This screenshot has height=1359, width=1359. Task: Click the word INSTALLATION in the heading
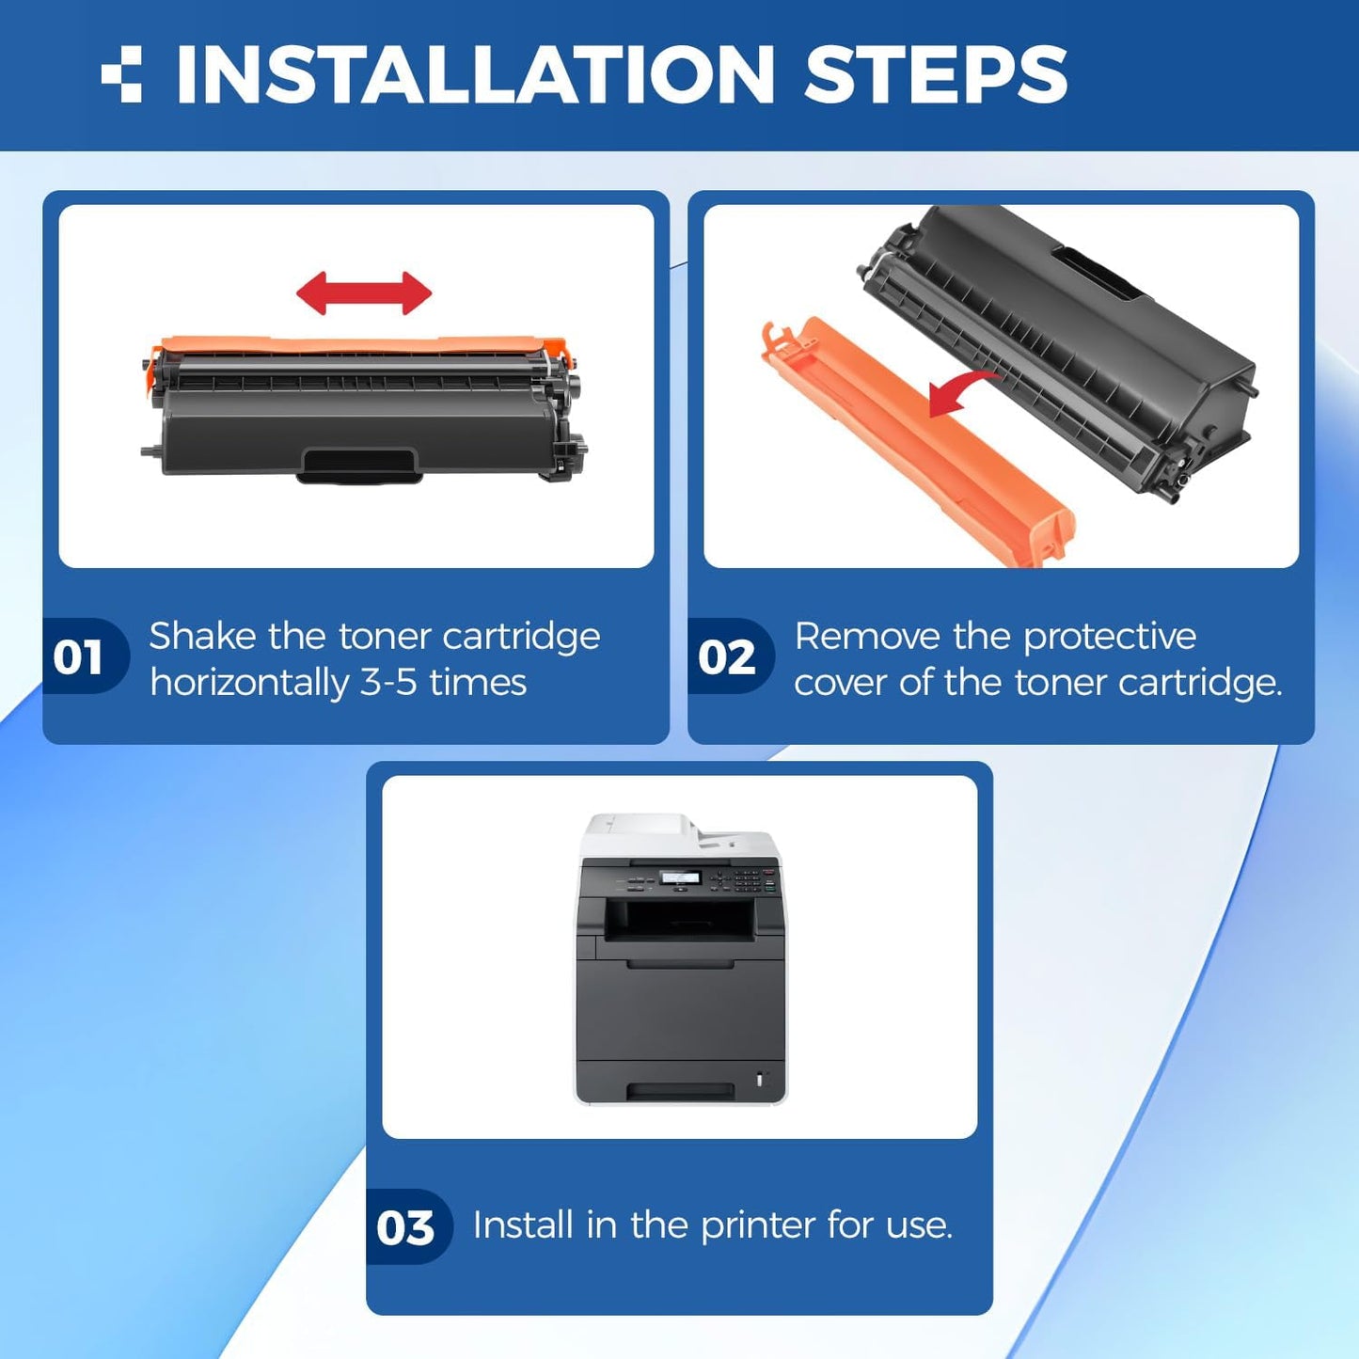click(x=475, y=74)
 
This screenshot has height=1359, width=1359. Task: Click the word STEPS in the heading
click(x=936, y=74)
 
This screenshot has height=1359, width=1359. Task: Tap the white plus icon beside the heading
click(x=122, y=74)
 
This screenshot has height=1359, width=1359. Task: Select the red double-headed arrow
click(x=364, y=293)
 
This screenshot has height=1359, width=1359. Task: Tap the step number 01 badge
click(x=79, y=656)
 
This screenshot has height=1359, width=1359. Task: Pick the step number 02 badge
click(x=726, y=656)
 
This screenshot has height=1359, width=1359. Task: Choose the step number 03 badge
click(x=405, y=1227)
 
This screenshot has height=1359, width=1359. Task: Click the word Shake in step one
click(x=202, y=637)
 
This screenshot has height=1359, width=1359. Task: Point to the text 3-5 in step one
click(x=388, y=683)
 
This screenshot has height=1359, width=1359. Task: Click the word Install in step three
click(x=523, y=1225)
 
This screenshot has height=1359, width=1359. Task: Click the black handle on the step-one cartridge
click(x=358, y=465)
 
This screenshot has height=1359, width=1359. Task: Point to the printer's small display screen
click(x=680, y=877)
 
